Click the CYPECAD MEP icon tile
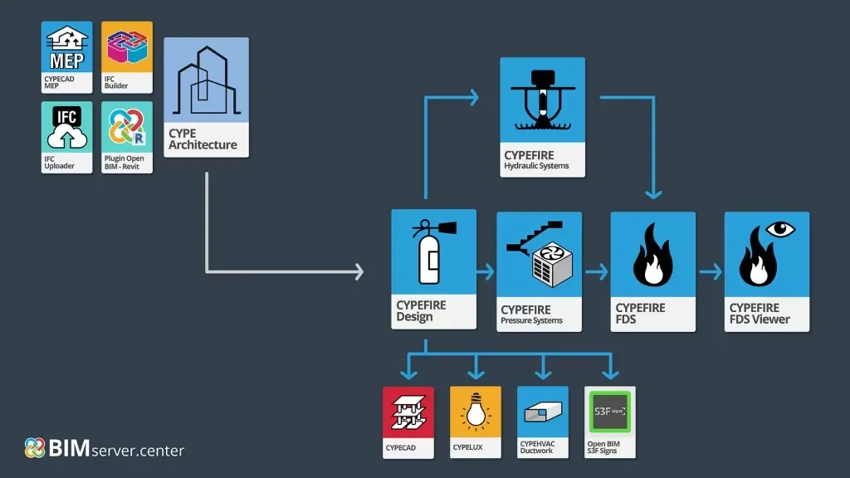(x=67, y=56)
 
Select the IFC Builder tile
(x=127, y=56)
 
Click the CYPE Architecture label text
(x=203, y=139)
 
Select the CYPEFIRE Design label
(x=422, y=311)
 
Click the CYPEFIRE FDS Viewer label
(x=760, y=314)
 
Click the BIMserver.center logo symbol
(x=35, y=448)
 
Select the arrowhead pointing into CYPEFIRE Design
(x=358, y=271)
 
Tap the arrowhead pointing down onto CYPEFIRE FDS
(x=653, y=194)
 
